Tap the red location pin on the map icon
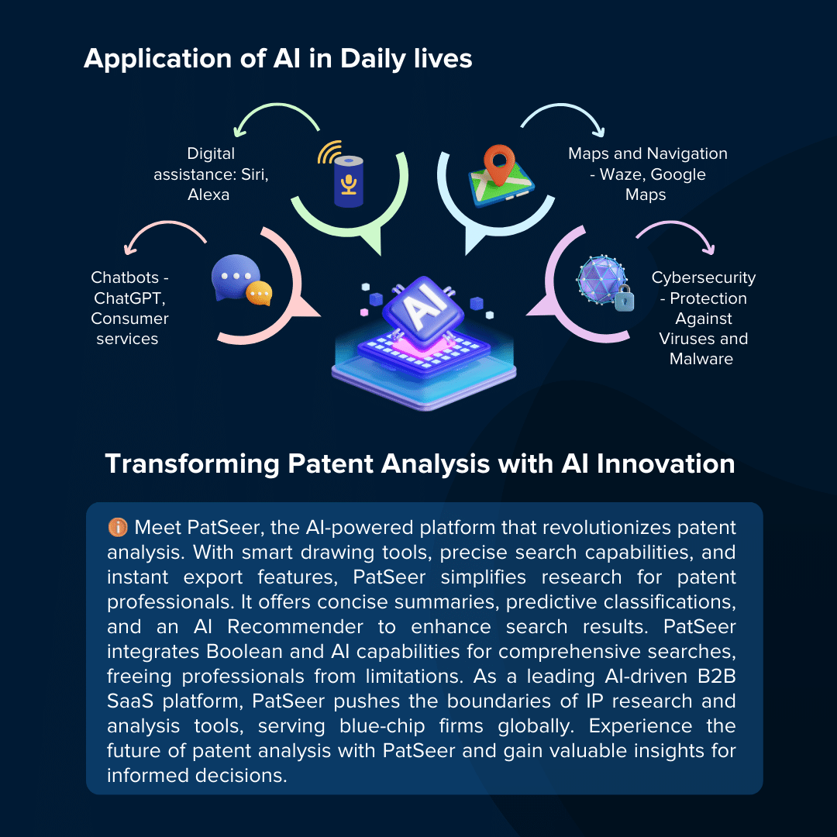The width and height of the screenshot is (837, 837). click(499, 164)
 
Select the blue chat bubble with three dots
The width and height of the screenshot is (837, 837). click(236, 277)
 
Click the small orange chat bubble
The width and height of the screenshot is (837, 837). click(259, 293)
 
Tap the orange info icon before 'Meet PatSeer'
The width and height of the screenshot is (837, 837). click(118, 527)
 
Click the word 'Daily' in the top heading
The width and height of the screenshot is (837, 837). click(373, 59)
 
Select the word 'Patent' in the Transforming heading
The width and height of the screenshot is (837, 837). click(330, 463)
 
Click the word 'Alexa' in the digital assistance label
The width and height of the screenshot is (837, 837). click(208, 195)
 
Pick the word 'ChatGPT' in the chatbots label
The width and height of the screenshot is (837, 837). click(129, 298)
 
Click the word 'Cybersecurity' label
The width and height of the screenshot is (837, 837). click(703, 277)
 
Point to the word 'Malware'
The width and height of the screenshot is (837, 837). click(701, 359)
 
